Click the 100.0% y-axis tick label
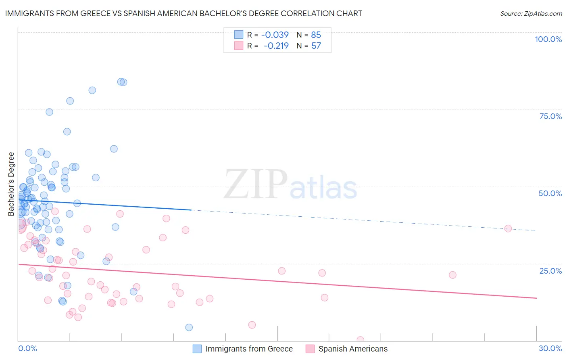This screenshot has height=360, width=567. pos(548,39)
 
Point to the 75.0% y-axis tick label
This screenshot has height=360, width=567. pos(550,116)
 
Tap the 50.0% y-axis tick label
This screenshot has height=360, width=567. pos(550,193)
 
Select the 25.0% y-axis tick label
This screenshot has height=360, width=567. pos(550,271)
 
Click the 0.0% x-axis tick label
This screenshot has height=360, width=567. pos(27,348)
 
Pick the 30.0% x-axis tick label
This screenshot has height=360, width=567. pos(550,348)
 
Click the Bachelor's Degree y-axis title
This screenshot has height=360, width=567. pos(11,184)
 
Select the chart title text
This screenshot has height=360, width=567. pos(183,13)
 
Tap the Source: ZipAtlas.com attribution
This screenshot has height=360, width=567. pos(531,13)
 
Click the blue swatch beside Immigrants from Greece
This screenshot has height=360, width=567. pos(197,349)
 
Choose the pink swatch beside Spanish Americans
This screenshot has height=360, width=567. pos(310,349)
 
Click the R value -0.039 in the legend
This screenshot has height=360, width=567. pos(275,35)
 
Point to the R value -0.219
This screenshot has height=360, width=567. pos(276,46)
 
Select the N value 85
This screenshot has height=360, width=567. pos(316,35)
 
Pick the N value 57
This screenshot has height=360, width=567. pos(316,46)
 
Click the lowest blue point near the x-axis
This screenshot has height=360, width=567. pos(189,327)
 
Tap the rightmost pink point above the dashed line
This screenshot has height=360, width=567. pos(508,228)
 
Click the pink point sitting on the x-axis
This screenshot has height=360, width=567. pos(360,340)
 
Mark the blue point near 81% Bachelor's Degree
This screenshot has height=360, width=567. pos(92,90)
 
